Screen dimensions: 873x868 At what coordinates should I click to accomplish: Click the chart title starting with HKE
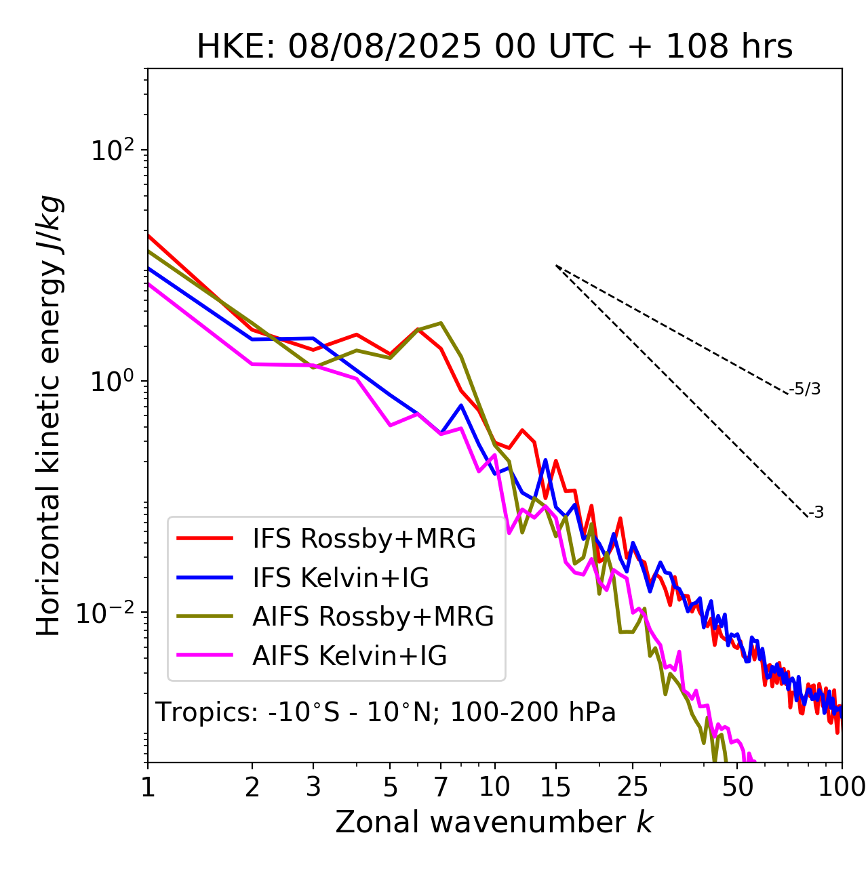point(494,47)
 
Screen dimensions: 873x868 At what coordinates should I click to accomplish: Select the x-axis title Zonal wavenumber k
point(494,822)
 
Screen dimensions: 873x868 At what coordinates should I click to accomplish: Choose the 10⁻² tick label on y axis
point(108,613)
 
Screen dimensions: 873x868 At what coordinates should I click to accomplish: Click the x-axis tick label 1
point(148,786)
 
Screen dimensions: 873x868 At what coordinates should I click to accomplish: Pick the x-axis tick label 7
point(441,786)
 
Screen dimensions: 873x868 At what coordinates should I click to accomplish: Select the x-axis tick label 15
point(555,786)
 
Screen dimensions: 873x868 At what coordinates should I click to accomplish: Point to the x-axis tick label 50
point(738,786)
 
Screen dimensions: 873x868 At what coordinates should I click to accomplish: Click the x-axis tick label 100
point(842,786)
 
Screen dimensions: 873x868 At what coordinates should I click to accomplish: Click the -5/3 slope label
point(805,390)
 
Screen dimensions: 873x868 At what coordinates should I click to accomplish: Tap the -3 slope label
point(816,513)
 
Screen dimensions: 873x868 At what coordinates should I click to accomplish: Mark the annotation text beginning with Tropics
point(385,713)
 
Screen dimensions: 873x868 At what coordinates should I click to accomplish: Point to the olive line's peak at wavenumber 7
point(441,323)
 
